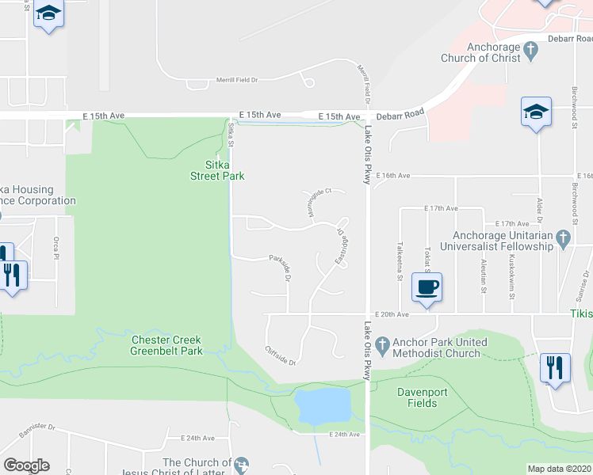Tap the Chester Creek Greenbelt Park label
167,345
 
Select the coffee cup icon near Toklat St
428,287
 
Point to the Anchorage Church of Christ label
494,52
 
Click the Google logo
26,465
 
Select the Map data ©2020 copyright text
560,469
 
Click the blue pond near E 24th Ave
323,406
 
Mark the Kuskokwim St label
512,272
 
